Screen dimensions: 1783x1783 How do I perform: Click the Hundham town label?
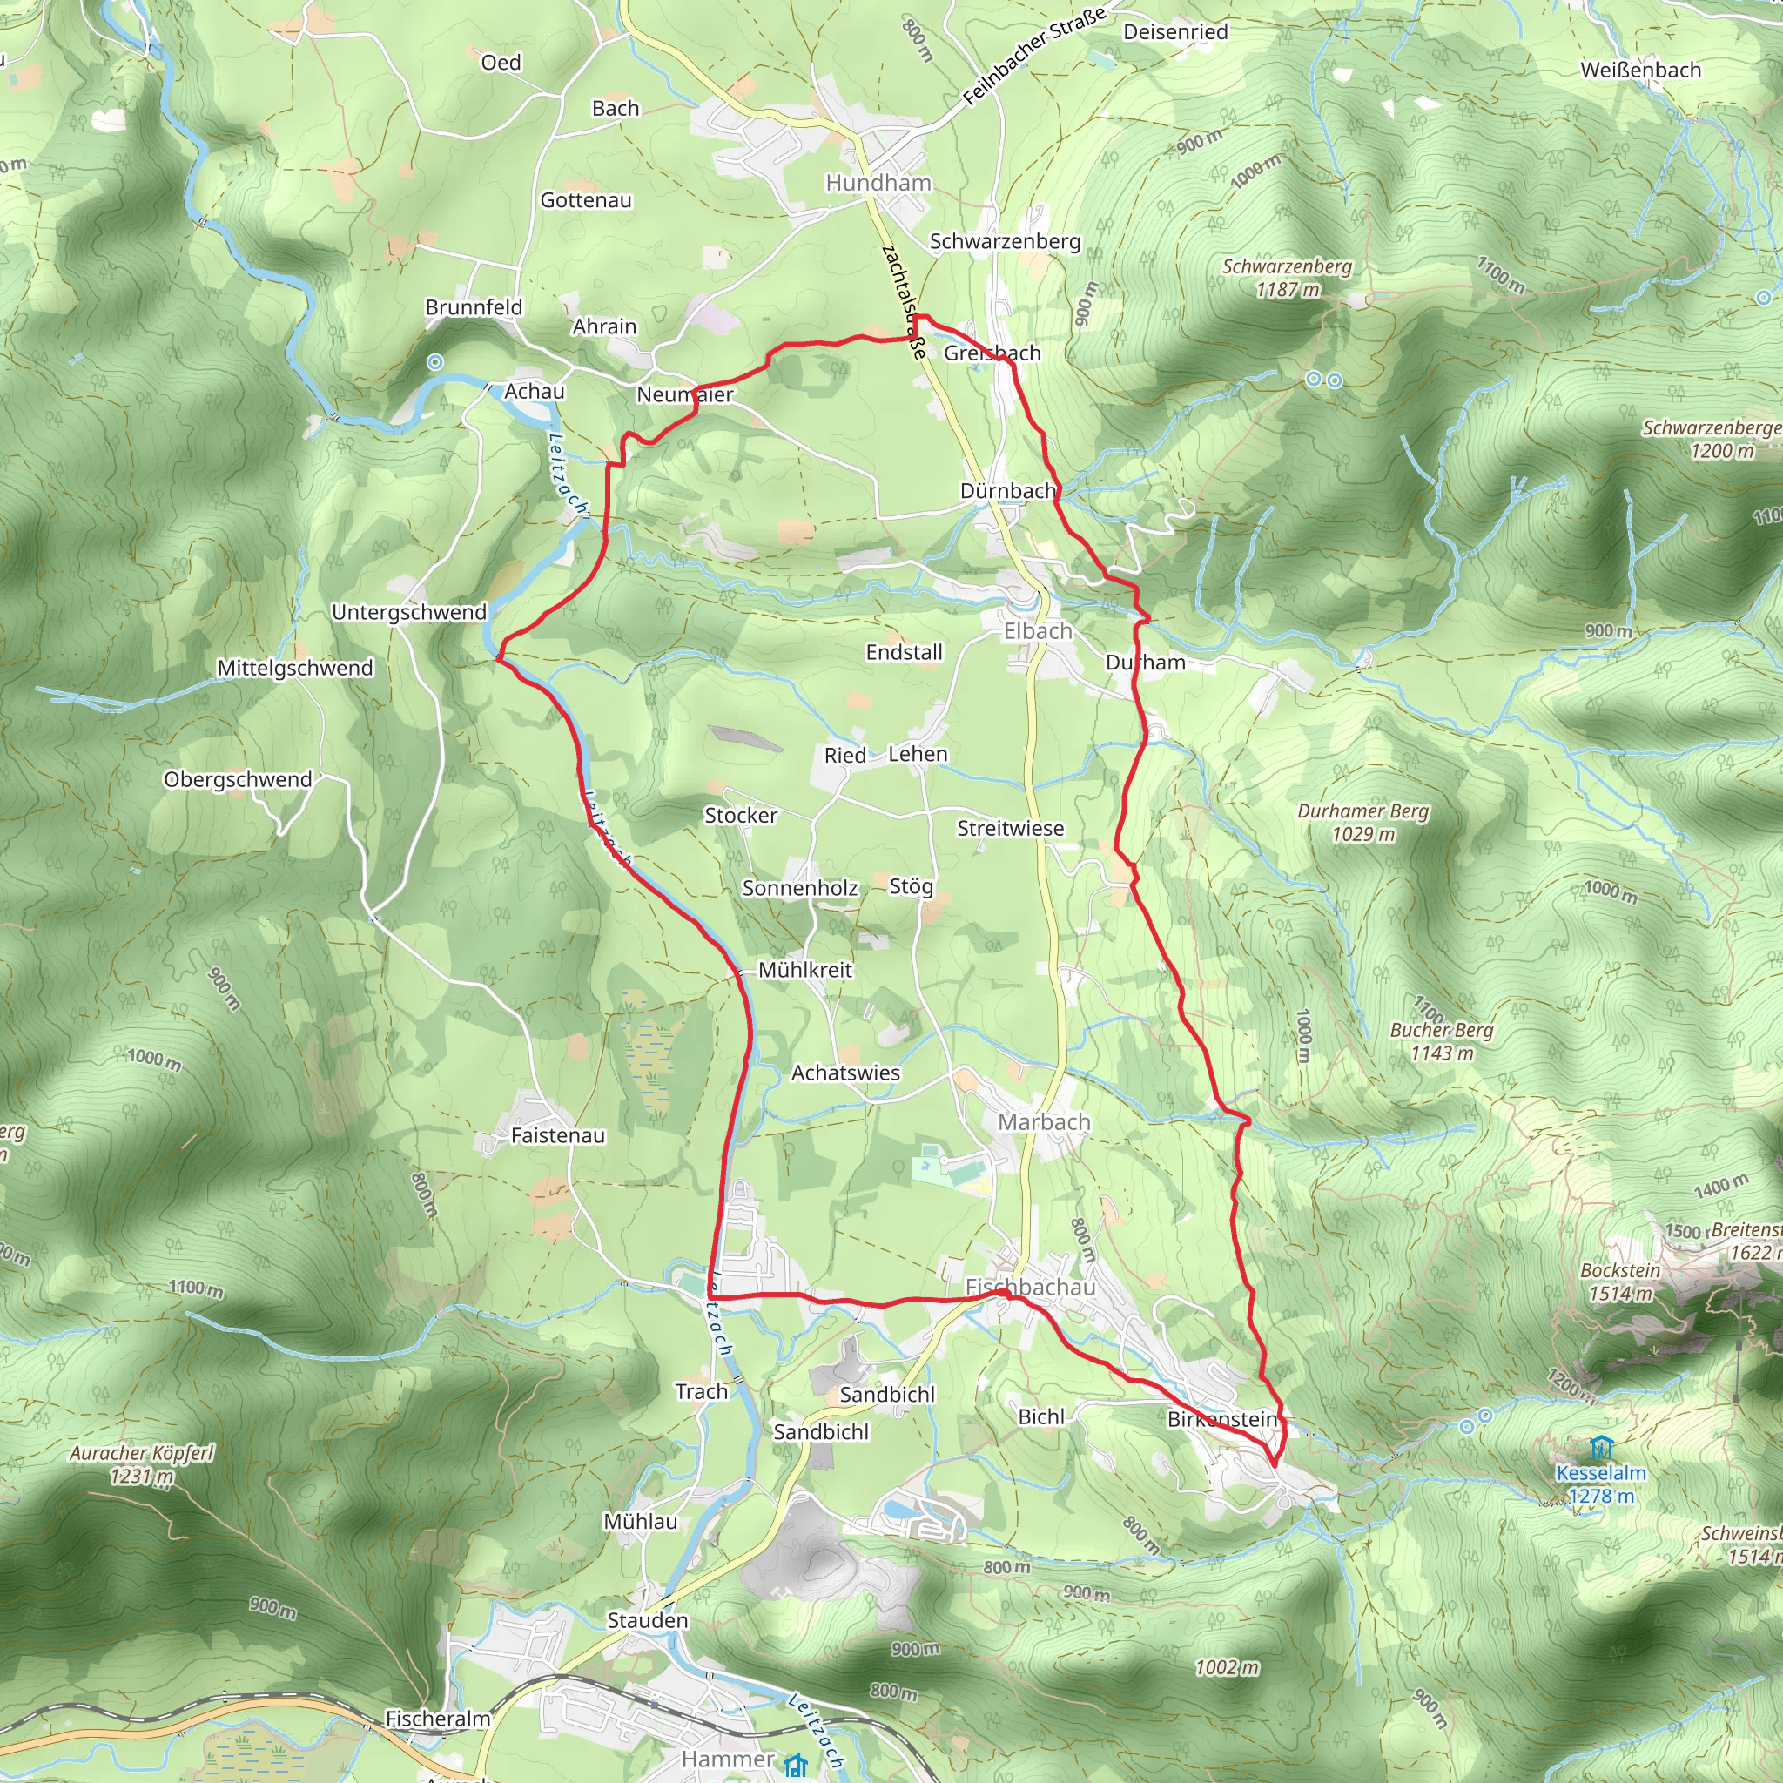tap(878, 183)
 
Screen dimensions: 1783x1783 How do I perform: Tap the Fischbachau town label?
tap(1030, 1287)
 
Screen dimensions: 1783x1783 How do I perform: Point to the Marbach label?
tap(1044, 1122)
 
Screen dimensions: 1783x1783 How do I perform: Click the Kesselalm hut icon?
tap(1600, 1446)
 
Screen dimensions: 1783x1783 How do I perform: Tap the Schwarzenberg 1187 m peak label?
tap(1287, 278)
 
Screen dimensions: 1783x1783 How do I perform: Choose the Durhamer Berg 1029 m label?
tap(1362, 822)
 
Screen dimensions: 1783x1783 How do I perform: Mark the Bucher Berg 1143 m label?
tap(1441, 1041)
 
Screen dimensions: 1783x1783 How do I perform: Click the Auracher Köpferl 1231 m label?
tap(141, 1464)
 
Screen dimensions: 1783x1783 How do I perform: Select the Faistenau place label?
tap(557, 1135)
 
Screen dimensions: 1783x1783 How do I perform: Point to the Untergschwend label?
tap(409, 612)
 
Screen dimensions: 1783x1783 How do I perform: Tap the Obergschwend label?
tap(237, 779)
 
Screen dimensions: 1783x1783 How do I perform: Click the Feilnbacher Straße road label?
tap(1033, 57)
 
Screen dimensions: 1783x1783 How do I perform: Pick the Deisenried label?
tap(1174, 31)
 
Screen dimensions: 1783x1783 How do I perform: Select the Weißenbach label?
tap(1640, 71)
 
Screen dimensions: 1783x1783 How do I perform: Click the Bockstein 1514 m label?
tap(1619, 1282)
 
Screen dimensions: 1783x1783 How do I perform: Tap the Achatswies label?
tap(845, 1073)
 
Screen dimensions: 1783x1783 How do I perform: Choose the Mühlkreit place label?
tap(804, 970)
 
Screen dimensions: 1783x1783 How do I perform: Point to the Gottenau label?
tap(586, 200)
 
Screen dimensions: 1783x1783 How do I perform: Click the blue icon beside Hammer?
tap(795, 1766)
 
